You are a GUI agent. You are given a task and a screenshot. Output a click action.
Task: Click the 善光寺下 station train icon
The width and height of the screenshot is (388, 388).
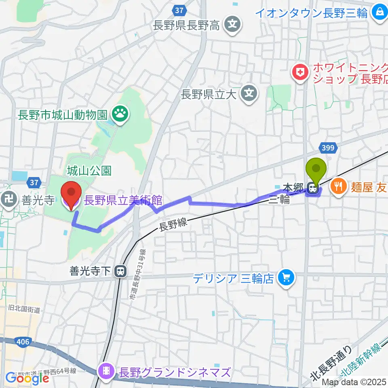[x=120, y=272]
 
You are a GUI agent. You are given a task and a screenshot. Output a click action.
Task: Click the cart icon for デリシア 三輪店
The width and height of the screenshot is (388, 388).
[x=287, y=278]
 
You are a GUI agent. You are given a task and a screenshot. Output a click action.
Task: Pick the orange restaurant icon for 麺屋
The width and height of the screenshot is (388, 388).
[x=338, y=187]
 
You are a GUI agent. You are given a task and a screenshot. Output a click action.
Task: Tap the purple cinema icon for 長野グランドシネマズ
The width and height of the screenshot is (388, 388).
[x=107, y=371]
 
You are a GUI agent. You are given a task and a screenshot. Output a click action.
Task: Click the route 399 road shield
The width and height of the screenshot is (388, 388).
[x=328, y=148]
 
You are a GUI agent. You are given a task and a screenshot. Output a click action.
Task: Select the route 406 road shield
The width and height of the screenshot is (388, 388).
[x=23, y=342]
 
